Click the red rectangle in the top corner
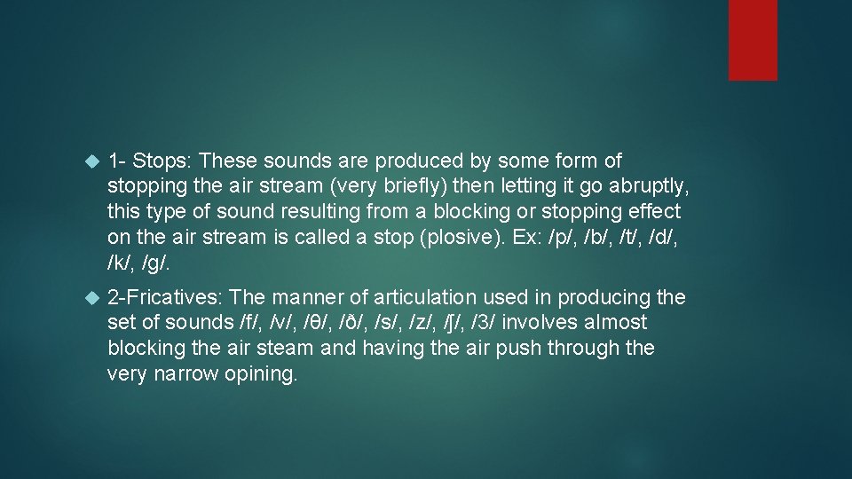753,40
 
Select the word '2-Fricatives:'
165,297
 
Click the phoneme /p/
563,238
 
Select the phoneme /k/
121,263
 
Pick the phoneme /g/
157,263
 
